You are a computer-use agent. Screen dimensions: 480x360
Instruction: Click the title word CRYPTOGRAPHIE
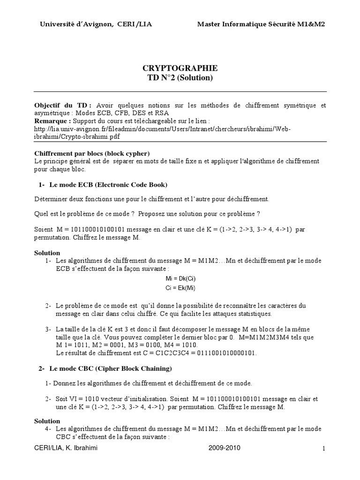(180, 68)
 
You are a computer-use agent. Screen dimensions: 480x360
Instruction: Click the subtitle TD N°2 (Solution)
(180, 78)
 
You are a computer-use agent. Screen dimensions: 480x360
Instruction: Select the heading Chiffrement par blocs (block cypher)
(92, 153)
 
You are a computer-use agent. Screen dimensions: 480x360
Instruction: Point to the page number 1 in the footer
(323, 448)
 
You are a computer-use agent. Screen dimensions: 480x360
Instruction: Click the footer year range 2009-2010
(224, 448)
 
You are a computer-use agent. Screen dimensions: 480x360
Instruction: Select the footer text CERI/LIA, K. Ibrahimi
(66, 448)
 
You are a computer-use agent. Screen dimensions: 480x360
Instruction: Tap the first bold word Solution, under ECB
(47, 253)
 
